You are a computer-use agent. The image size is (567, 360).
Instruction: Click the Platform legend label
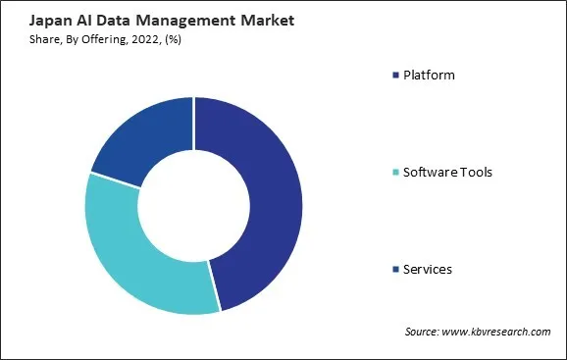pos(429,75)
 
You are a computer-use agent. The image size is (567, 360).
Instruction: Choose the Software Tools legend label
pos(447,172)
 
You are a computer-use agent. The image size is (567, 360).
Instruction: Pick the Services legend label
pos(428,269)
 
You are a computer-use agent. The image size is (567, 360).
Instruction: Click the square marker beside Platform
pos(394,76)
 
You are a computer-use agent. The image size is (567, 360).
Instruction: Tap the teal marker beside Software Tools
pos(394,173)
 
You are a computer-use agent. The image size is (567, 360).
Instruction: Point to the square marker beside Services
pos(394,269)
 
